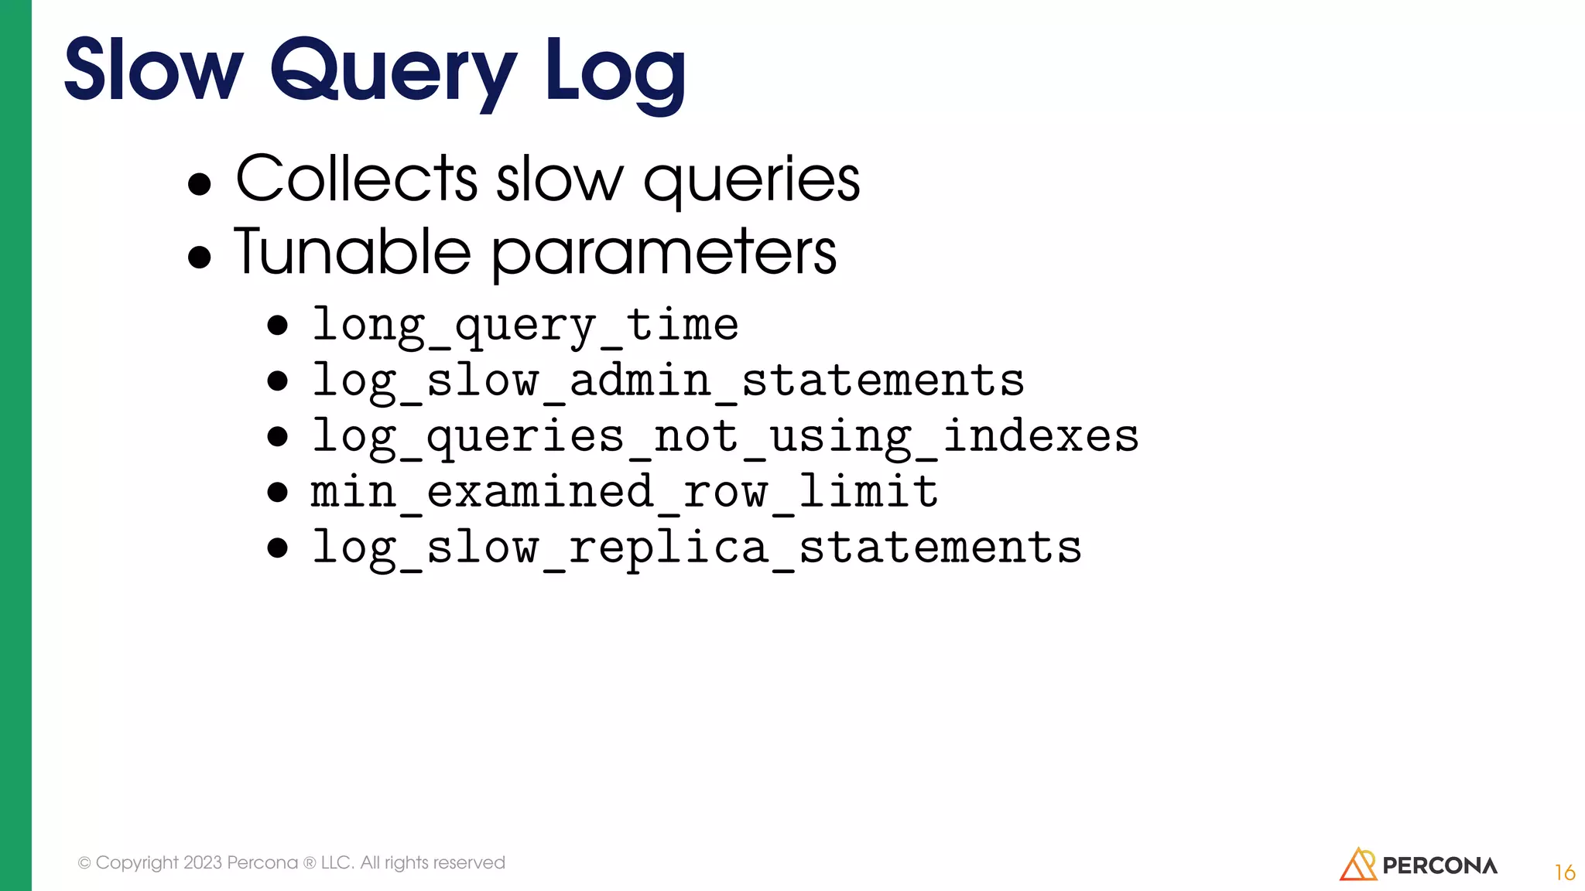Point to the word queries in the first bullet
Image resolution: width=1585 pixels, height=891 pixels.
pyautogui.click(x=751, y=182)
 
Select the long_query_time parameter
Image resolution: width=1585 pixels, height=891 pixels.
pyautogui.click(x=525, y=325)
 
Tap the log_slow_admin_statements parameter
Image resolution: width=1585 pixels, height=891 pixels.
pyautogui.click(x=667, y=381)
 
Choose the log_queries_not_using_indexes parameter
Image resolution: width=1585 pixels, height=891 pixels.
pyautogui.click(x=724, y=436)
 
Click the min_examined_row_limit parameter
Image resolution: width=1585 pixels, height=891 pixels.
pyautogui.click(x=624, y=492)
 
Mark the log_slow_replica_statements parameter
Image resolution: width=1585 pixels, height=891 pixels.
pyautogui.click(x=696, y=548)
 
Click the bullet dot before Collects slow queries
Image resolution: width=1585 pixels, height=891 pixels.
pyautogui.click(x=200, y=184)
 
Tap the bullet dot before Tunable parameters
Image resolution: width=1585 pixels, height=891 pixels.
pyautogui.click(x=200, y=257)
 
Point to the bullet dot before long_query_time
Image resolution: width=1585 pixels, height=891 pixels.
pyautogui.click(x=277, y=326)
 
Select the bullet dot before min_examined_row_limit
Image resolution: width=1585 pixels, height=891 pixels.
pyautogui.click(x=277, y=493)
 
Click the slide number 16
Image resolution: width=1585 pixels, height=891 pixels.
pyautogui.click(x=1564, y=872)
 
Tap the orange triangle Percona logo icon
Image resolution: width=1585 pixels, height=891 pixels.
pyautogui.click(x=1357, y=865)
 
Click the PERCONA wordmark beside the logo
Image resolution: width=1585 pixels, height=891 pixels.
pyautogui.click(x=1440, y=865)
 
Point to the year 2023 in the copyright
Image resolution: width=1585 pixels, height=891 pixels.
pyautogui.click(x=203, y=862)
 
